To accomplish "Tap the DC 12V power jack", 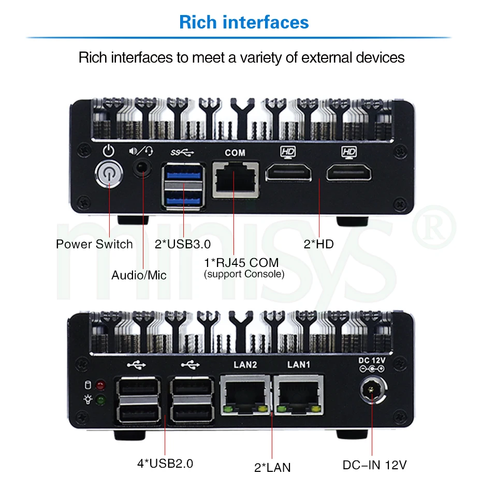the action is point(371,392).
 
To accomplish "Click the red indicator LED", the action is point(100,385).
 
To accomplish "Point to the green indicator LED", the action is point(100,399).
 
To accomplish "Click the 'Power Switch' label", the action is point(94,244).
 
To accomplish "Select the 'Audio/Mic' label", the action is point(139,275).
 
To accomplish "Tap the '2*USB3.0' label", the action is point(182,244).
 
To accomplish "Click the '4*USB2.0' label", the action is point(165,464).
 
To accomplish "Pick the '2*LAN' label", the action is point(272,468).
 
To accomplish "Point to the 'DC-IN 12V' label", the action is point(375,465).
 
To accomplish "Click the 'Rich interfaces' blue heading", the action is point(244,22).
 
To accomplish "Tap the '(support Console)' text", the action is point(244,274).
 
